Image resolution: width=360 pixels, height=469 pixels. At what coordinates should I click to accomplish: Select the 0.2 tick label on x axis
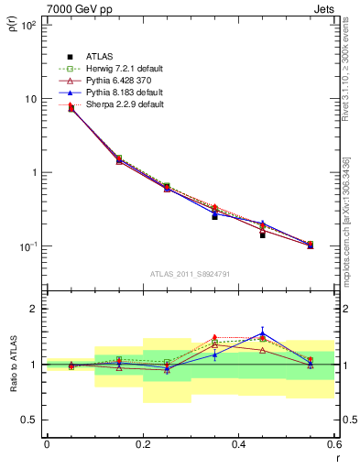[x=143, y=444]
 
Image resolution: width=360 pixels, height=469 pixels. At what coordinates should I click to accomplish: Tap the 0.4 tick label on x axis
[x=239, y=444]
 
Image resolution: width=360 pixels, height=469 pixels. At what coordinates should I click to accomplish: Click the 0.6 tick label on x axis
[x=335, y=444]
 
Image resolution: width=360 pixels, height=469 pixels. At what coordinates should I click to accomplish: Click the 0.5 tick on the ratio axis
[x=28, y=420]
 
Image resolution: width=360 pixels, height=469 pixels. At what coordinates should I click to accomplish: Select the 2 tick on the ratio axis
[x=32, y=309]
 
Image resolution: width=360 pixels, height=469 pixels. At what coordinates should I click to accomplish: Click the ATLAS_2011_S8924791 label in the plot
[x=190, y=274]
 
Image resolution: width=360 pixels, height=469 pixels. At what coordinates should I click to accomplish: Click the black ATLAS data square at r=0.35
[x=214, y=216]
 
